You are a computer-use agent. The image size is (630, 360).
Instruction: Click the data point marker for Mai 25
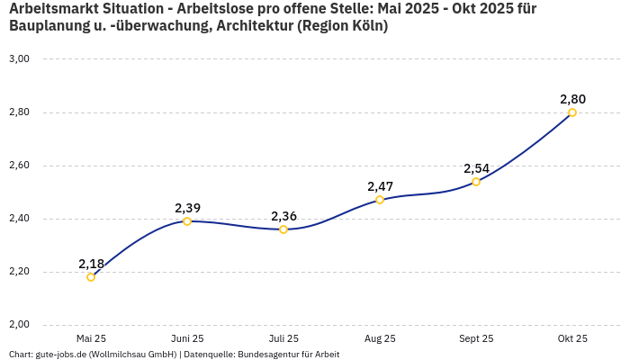91,277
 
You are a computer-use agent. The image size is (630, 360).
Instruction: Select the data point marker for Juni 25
187,221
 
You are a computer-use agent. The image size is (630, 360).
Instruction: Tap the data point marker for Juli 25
283,229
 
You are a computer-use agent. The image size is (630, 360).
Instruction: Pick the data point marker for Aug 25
380,200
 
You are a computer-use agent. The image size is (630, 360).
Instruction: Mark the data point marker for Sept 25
476,182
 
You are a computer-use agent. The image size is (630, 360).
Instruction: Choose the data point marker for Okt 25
572,112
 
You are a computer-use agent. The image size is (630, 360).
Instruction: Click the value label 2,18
91,264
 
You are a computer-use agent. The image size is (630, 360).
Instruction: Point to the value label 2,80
572,99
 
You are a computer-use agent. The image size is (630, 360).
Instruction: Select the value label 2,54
476,168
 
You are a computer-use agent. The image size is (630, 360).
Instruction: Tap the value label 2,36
283,216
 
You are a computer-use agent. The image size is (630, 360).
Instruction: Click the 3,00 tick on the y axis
19,59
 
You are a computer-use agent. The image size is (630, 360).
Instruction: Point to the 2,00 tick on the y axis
19,325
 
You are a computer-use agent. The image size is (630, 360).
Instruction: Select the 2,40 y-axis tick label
19,219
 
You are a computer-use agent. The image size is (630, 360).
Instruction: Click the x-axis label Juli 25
283,338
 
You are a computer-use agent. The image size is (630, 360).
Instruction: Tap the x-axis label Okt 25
572,338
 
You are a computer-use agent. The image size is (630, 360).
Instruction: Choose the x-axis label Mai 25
91,338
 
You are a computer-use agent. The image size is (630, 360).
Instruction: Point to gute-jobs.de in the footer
61,355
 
